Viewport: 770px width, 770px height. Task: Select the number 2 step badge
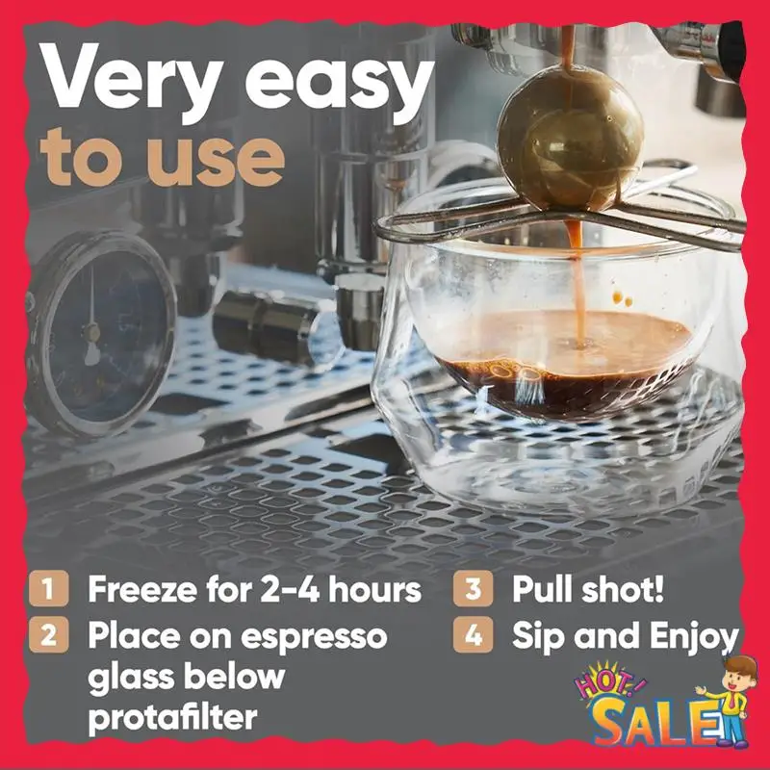[x=48, y=636]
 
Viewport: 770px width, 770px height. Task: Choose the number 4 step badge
[x=473, y=636]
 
